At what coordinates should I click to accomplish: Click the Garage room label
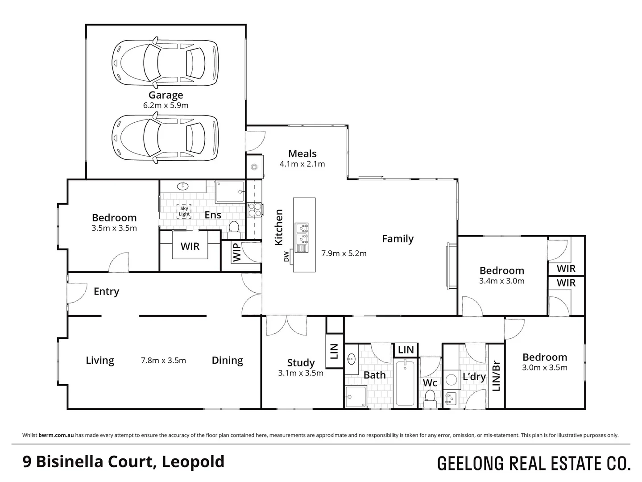166,95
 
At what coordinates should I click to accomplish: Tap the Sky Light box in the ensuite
184,211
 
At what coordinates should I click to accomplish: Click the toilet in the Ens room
234,229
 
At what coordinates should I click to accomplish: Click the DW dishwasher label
286,257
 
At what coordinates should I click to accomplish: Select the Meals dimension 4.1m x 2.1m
302,164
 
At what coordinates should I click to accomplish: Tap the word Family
398,239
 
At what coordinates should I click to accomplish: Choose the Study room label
301,363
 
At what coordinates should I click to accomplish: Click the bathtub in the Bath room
405,383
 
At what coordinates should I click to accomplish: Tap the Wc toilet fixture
430,397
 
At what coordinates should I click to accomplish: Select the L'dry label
474,377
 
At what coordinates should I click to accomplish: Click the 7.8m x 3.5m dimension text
163,360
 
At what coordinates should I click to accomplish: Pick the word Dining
227,360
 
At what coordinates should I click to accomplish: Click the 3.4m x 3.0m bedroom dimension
501,281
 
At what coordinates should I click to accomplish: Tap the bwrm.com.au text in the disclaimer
56,435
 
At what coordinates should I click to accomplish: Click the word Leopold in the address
193,461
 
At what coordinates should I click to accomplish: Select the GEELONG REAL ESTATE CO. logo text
534,463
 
